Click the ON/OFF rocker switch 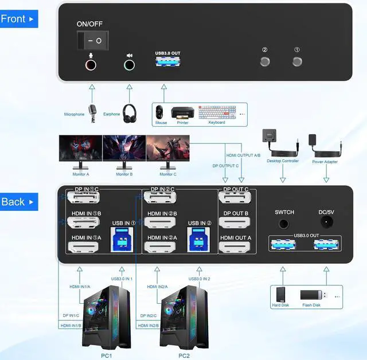pos(92,40)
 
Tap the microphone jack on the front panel pos(91,64)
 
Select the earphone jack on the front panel pos(130,65)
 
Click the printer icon pos(183,112)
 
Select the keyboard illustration pos(217,112)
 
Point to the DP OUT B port pos(235,224)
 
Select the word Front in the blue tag pos(13,19)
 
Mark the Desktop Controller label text pos(283,161)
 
